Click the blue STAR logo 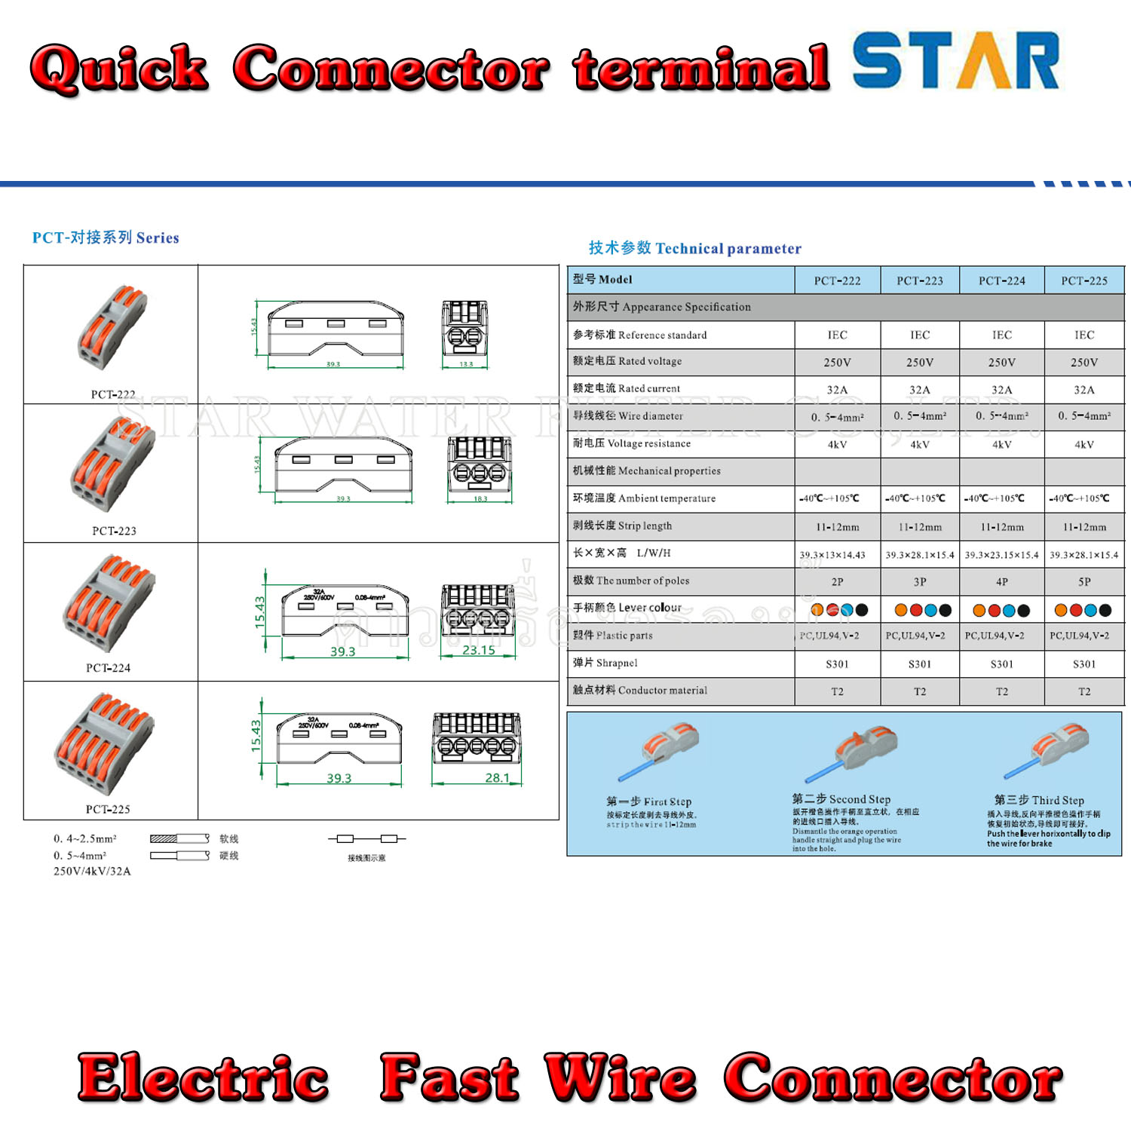955,61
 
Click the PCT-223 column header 919,280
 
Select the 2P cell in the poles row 837,582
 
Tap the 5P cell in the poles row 1083,582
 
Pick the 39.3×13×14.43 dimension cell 832,555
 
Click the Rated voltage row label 627,361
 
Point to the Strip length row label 622,526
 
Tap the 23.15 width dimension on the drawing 479,650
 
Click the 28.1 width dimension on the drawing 497,777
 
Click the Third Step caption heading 1039,800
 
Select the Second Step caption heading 841,799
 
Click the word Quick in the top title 119,69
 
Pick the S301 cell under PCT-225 1083,664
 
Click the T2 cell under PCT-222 837,691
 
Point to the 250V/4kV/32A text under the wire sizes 92,871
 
